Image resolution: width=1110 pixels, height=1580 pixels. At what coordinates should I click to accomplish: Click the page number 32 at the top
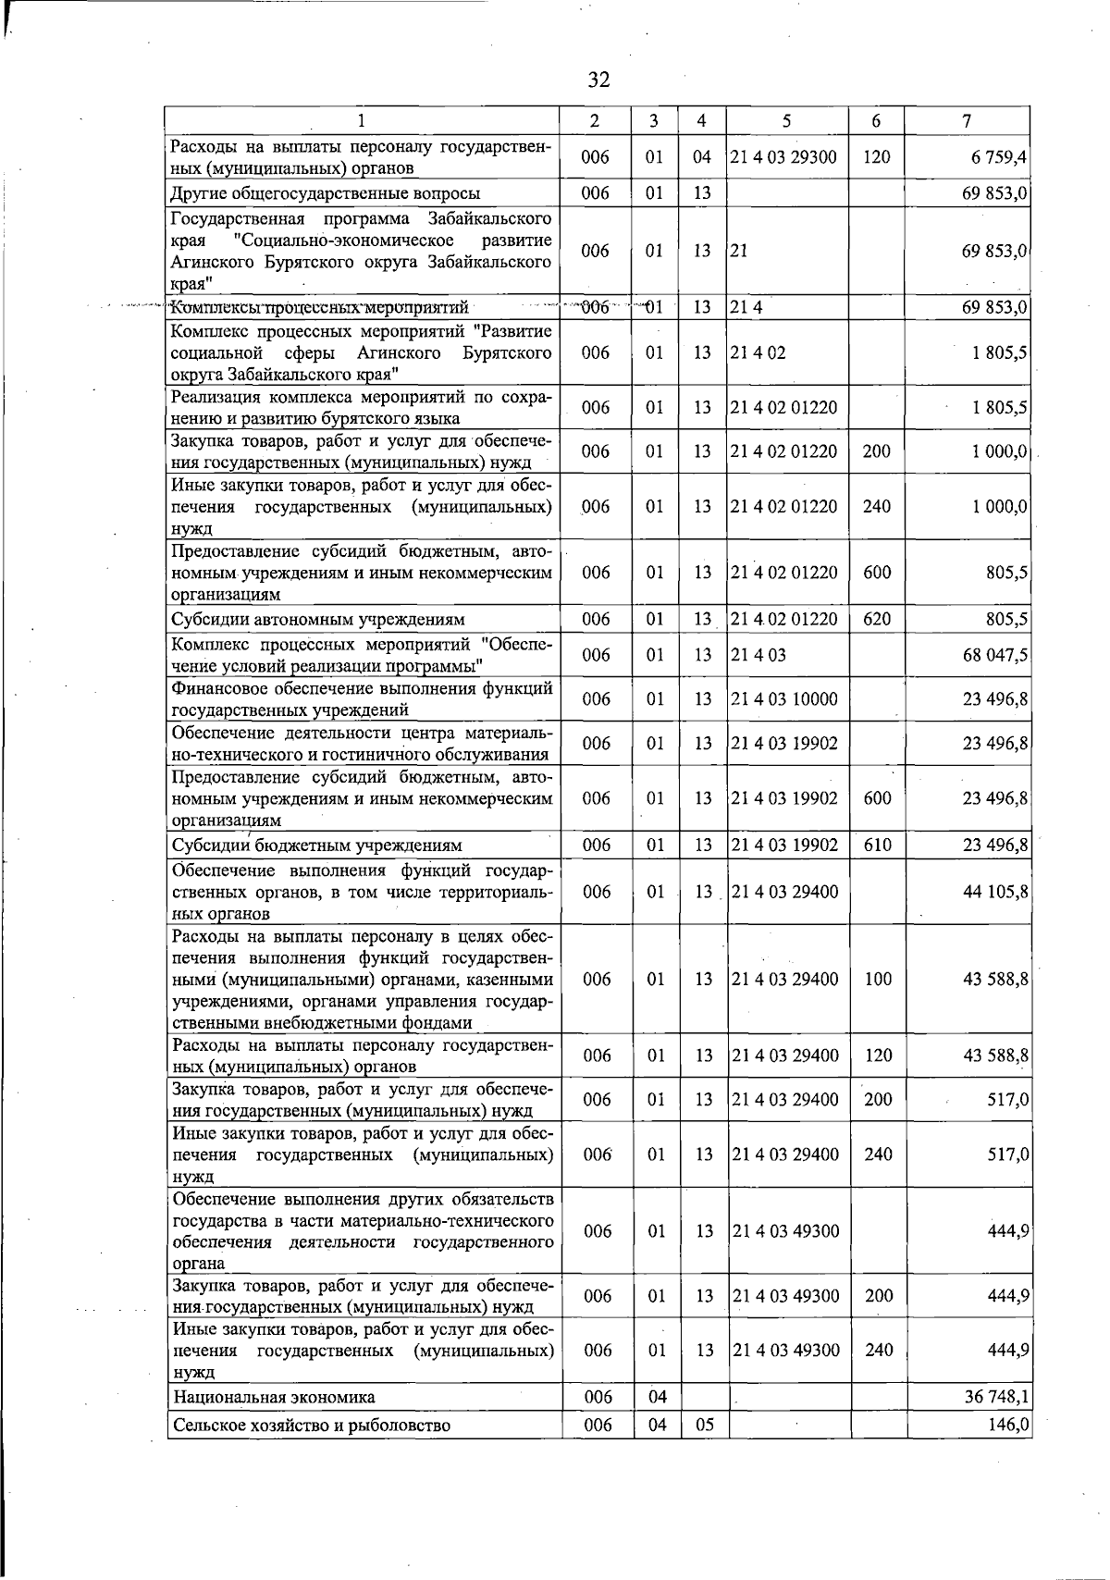(x=598, y=80)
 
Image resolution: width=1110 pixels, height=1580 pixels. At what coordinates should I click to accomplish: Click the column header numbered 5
(x=785, y=120)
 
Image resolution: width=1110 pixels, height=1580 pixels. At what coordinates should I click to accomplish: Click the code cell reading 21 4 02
(x=758, y=352)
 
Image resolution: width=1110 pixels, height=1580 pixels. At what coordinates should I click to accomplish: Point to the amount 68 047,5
(x=995, y=655)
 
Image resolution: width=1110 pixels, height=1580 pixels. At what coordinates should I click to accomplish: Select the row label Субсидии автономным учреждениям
(x=318, y=619)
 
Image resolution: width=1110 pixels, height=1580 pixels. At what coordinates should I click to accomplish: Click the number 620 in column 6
(x=876, y=619)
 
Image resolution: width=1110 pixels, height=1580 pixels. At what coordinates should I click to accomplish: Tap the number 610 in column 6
(x=876, y=844)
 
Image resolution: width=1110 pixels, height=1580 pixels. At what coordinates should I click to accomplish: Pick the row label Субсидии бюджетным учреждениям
(x=316, y=845)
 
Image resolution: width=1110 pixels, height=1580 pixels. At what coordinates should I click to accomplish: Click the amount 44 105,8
(x=995, y=892)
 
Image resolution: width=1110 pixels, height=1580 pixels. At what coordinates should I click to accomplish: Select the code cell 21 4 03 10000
(x=783, y=699)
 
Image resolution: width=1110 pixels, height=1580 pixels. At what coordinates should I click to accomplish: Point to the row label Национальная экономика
(x=274, y=1397)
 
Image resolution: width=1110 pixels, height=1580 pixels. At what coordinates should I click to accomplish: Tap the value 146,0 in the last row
(x=1008, y=1425)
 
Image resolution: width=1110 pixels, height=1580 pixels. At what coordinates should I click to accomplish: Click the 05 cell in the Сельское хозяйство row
(x=704, y=1425)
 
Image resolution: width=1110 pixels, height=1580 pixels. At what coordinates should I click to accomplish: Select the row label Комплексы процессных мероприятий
(x=320, y=307)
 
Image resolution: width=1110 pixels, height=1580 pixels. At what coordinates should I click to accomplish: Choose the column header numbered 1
(x=362, y=120)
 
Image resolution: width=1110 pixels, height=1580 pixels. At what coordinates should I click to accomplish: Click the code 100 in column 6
(x=877, y=979)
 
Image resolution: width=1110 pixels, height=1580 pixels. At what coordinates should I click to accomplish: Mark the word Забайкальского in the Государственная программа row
(x=489, y=219)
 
